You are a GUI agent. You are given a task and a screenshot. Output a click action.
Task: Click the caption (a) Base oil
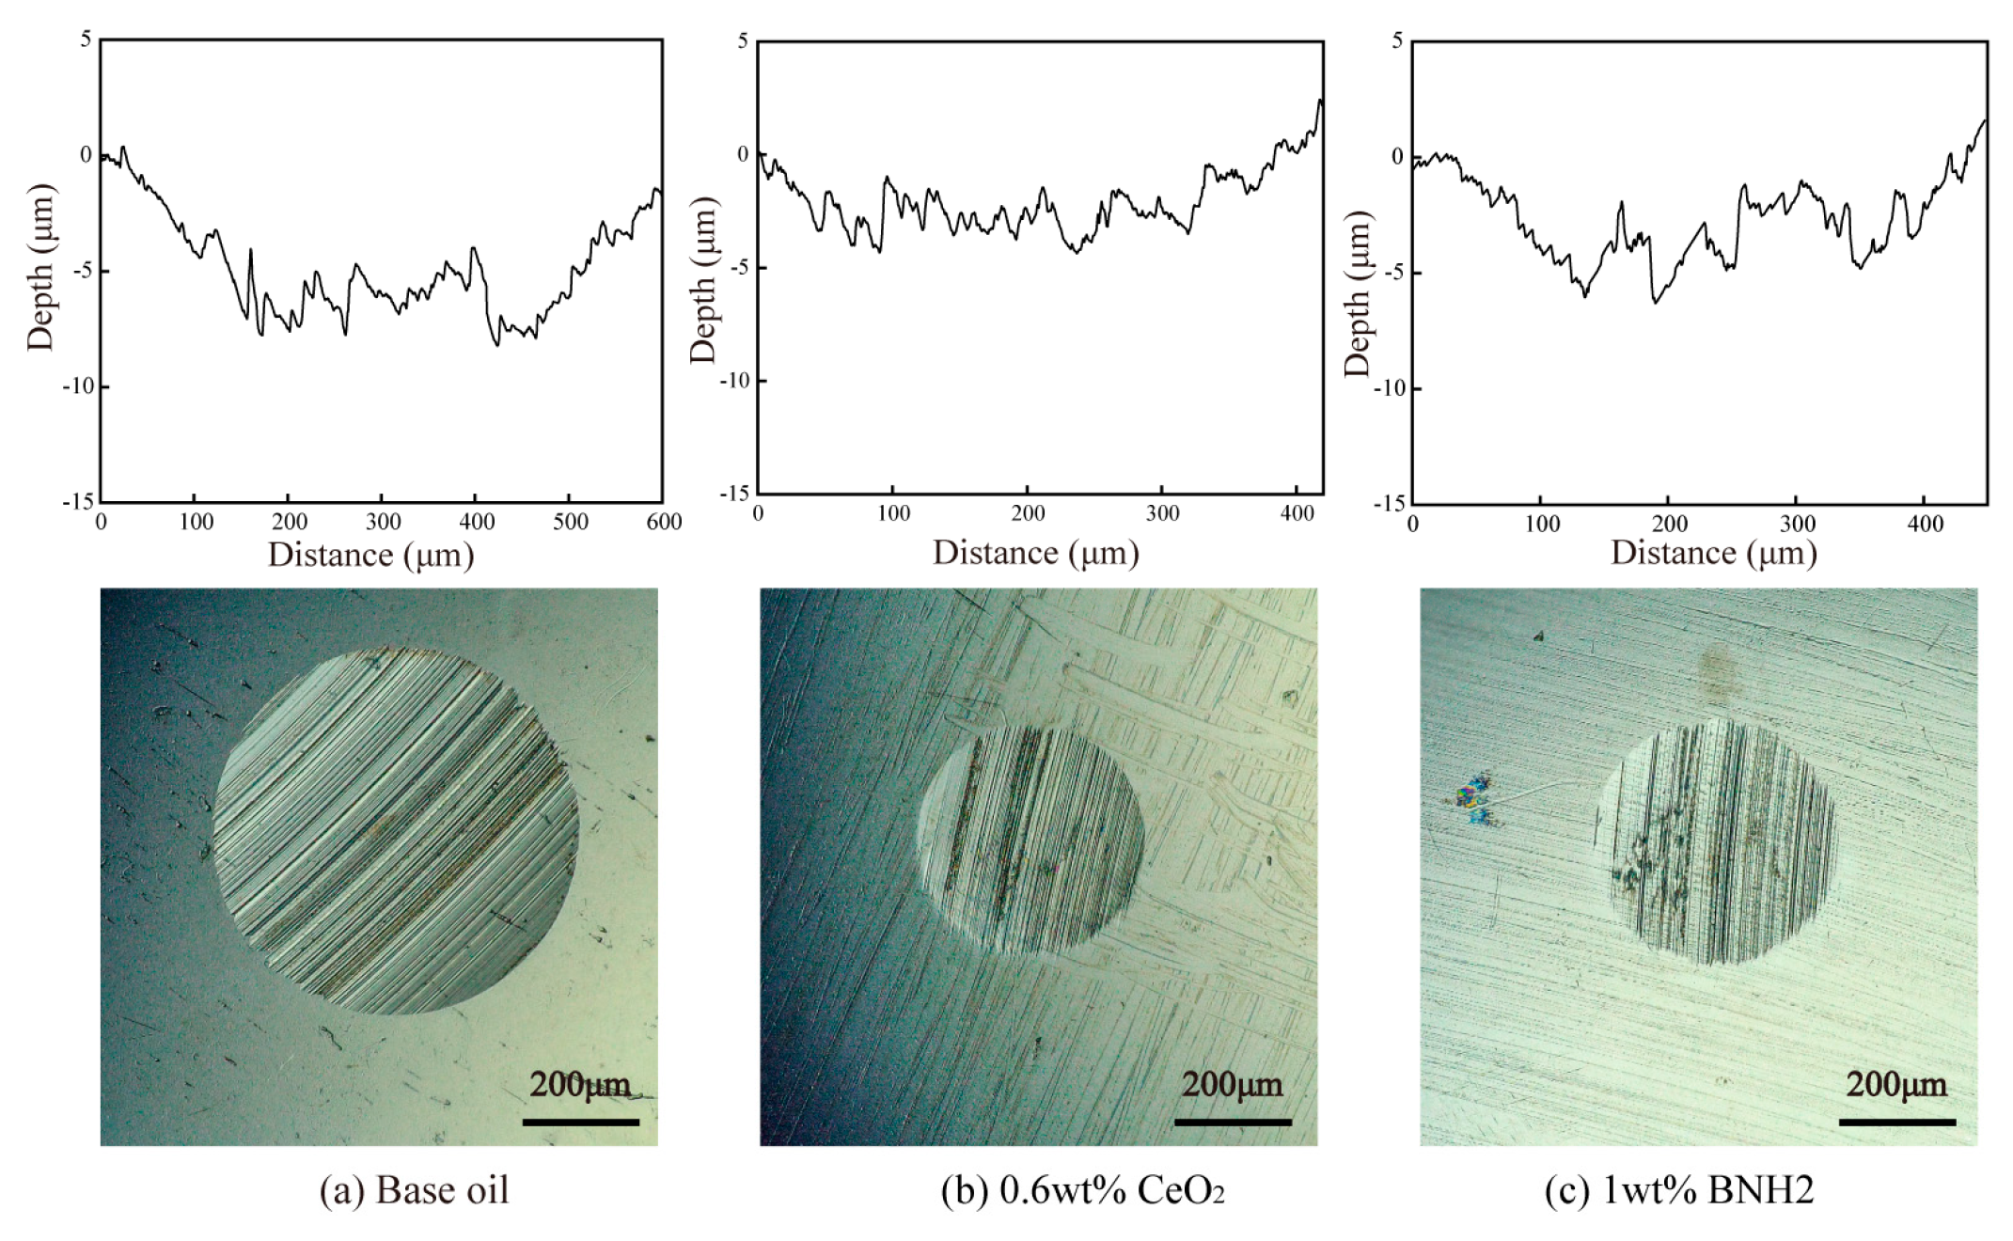pyautogui.click(x=414, y=1190)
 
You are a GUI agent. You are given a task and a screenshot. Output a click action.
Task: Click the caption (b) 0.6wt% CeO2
pyautogui.click(x=1083, y=1190)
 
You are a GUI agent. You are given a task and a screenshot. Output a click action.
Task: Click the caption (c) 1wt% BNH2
pyautogui.click(x=1679, y=1190)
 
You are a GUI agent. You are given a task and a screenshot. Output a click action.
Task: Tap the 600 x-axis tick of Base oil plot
pyautogui.click(x=664, y=522)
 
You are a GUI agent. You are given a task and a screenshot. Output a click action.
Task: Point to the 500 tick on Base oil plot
pyautogui.click(x=570, y=522)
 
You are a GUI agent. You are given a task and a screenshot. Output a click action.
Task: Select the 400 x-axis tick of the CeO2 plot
pyautogui.click(x=1297, y=513)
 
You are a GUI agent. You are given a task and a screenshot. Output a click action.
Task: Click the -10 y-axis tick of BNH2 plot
pyautogui.click(x=1389, y=388)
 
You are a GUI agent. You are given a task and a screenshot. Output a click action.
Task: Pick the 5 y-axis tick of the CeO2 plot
pyautogui.click(x=743, y=40)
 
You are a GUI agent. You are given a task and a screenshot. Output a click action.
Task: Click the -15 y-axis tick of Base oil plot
pyautogui.click(x=78, y=502)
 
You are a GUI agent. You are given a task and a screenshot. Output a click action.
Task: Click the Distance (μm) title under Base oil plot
pyautogui.click(x=370, y=555)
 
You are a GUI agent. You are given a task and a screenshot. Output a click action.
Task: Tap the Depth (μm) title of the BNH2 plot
pyautogui.click(x=1357, y=293)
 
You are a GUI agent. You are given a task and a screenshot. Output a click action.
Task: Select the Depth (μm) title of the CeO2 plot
pyautogui.click(x=702, y=280)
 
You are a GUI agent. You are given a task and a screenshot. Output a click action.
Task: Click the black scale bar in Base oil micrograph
pyautogui.click(x=580, y=1122)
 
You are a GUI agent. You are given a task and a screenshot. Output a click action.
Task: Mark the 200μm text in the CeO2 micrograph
pyautogui.click(x=1232, y=1085)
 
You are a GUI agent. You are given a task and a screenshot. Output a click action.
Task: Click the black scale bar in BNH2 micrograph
pyautogui.click(x=1896, y=1122)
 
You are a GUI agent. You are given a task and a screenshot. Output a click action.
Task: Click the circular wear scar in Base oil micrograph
pyautogui.click(x=395, y=831)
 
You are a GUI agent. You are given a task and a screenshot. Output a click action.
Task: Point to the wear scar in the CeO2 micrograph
pyautogui.click(x=1030, y=839)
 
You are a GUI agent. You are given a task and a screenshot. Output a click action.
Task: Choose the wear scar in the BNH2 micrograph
pyautogui.click(x=1717, y=842)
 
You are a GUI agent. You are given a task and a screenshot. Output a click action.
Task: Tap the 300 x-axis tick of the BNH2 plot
pyautogui.click(x=1797, y=524)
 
